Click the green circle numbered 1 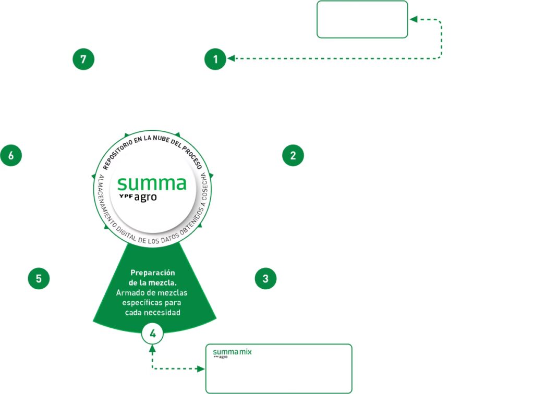coord(215,59)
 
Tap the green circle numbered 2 coord(293,155)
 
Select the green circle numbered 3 coord(265,279)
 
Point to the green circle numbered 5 coord(39,279)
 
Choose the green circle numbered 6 coord(11,155)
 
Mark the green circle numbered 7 coord(83,59)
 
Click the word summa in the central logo coord(151,183)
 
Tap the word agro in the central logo coord(145,198)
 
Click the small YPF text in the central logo coord(126,196)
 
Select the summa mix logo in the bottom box coord(232,353)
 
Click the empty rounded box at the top coord(362,19)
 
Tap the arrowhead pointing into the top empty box coord(413,20)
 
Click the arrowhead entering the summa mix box coord(201,369)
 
